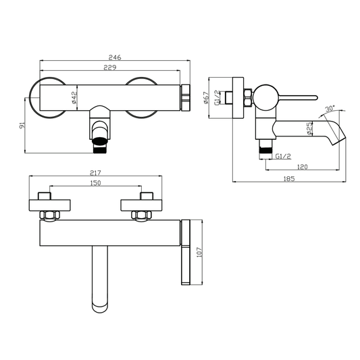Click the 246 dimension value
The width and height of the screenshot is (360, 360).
point(115,57)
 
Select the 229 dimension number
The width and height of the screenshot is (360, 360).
point(110,68)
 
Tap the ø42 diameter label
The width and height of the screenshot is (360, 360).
point(74,97)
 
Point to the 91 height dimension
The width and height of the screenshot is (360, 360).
point(22,126)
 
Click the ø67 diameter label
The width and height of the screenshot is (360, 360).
point(207,98)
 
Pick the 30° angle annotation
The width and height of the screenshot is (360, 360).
point(330,108)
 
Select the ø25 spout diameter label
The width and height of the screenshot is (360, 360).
point(309,128)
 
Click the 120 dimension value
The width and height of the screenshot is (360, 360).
point(302,167)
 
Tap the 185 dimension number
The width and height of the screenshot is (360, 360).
point(289,178)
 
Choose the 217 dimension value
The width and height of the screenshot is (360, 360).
point(95,173)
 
